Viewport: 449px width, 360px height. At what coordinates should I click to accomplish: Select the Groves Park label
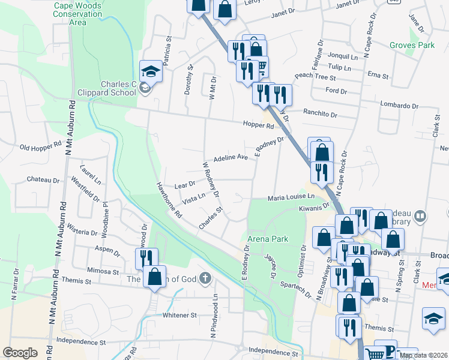[411, 45]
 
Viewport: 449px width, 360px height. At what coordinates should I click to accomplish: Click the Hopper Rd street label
[258, 124]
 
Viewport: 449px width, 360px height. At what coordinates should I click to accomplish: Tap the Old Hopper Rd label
[41, 146]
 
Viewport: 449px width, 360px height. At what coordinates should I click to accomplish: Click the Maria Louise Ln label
[291, 197]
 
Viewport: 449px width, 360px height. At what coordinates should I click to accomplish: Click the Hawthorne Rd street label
[169, 200]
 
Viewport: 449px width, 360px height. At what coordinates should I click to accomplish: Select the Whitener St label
[179, 315]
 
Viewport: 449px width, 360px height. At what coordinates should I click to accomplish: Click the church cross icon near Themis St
[205, 278]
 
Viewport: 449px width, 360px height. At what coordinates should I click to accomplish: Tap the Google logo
[20, 353]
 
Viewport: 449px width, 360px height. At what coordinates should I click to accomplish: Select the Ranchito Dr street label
[320, 114]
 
